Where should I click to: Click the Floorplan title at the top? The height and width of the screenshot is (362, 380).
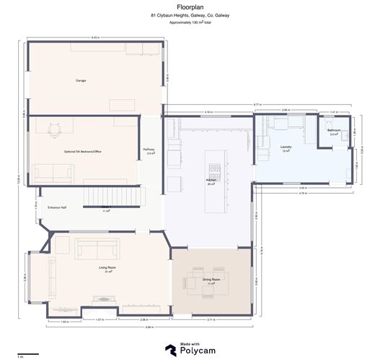click(x=190, y=7)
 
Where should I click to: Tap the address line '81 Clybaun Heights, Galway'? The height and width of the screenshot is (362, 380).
click(x=190, y=15)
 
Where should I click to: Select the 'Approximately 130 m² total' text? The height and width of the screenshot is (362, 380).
click(x=190, y=23)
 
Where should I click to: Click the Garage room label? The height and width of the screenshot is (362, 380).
click(x=81, y=80)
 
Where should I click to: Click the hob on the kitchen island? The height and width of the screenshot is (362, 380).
click(x=213, y=169)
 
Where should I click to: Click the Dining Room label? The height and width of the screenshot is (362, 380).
click(x=211, y=280)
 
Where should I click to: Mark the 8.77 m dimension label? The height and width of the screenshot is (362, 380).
click(x=257, y=105)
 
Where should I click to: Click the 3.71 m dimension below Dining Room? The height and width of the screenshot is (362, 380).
click(x=211, y=319)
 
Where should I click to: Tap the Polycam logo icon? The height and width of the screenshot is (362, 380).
click(x=169, y=349)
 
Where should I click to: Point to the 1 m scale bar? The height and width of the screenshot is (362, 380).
click(x=27, y=354)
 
